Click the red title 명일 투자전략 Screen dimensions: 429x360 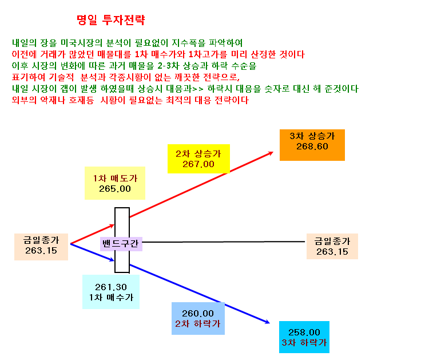pos(110,20)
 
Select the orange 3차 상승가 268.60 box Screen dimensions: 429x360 pos(312,145)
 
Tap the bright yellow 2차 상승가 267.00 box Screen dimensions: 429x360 pos(198,159)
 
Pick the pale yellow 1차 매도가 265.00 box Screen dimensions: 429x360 pos(115,183)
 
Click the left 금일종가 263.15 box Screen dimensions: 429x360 pos(41,247)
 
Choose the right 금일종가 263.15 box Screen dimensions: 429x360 pos(332,246)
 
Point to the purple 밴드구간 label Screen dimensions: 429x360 pos(121,244)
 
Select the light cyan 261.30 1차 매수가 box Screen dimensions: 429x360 pos(111,292)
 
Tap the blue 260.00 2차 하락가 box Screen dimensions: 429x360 pos(198,318)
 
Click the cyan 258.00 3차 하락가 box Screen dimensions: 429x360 pos(304,337)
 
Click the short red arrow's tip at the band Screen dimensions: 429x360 pos(114,225)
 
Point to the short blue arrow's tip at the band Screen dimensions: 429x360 pos(114,260)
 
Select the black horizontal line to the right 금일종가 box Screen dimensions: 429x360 pos(224,242)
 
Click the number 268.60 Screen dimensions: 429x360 pos(312,147)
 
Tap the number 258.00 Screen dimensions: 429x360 pos(304,333)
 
